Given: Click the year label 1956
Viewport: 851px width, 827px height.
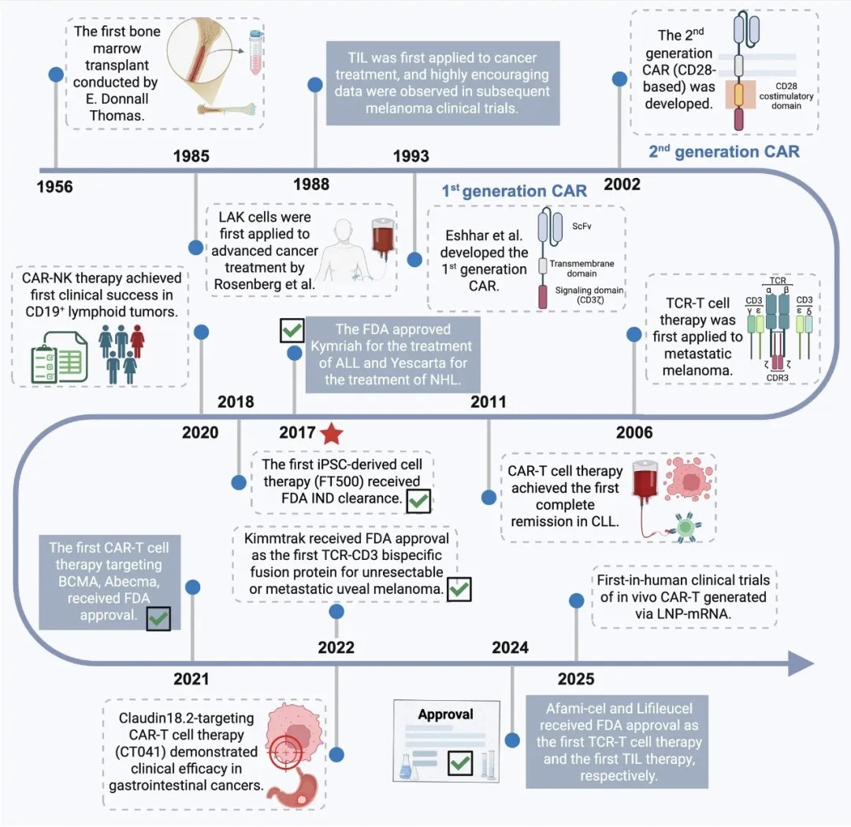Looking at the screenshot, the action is pos(54,187).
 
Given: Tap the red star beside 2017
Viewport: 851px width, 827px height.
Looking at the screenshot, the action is pos(332,433).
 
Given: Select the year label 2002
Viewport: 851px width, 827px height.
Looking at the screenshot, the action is pos(622,184).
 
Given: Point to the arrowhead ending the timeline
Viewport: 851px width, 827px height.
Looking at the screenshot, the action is pos(801,663).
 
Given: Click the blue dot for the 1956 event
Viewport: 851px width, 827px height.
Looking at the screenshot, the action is pos(56,74).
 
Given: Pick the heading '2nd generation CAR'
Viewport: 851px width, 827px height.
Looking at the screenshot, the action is pos(724,151).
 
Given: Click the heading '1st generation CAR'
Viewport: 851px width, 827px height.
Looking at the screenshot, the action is pos(514,191).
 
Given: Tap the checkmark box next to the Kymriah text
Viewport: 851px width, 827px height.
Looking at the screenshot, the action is pos(292,330).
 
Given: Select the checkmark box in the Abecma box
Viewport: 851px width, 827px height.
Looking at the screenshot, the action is pos(158,618).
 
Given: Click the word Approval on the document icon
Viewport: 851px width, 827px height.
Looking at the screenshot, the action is pos(445,714).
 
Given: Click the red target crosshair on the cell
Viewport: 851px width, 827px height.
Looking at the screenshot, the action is pos(285,753).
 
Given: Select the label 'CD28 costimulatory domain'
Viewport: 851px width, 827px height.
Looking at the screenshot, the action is pos(786,96).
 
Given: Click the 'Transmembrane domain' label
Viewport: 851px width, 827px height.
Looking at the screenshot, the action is pos(582,268).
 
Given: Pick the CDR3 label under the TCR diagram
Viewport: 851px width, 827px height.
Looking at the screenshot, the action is pos(777,378).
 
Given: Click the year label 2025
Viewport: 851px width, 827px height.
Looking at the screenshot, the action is pos(576,679).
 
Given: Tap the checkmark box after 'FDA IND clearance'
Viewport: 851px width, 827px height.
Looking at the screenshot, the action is pos(418,501).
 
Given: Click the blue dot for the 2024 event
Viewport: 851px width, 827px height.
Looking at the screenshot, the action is pos(512,740).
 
